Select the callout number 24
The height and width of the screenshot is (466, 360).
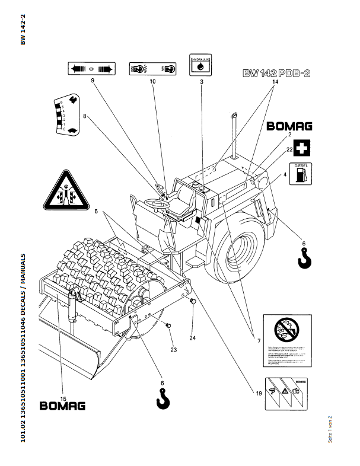point(193,338)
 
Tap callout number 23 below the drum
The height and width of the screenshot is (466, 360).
point(174,349)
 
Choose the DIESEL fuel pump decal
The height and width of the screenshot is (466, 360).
point(300,173)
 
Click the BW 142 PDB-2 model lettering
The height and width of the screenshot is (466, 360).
point(277,74)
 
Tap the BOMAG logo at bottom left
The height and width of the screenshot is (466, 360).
point(62,406)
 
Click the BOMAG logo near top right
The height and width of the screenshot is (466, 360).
point(289,126)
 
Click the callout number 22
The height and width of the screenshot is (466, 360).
point(289,150)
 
